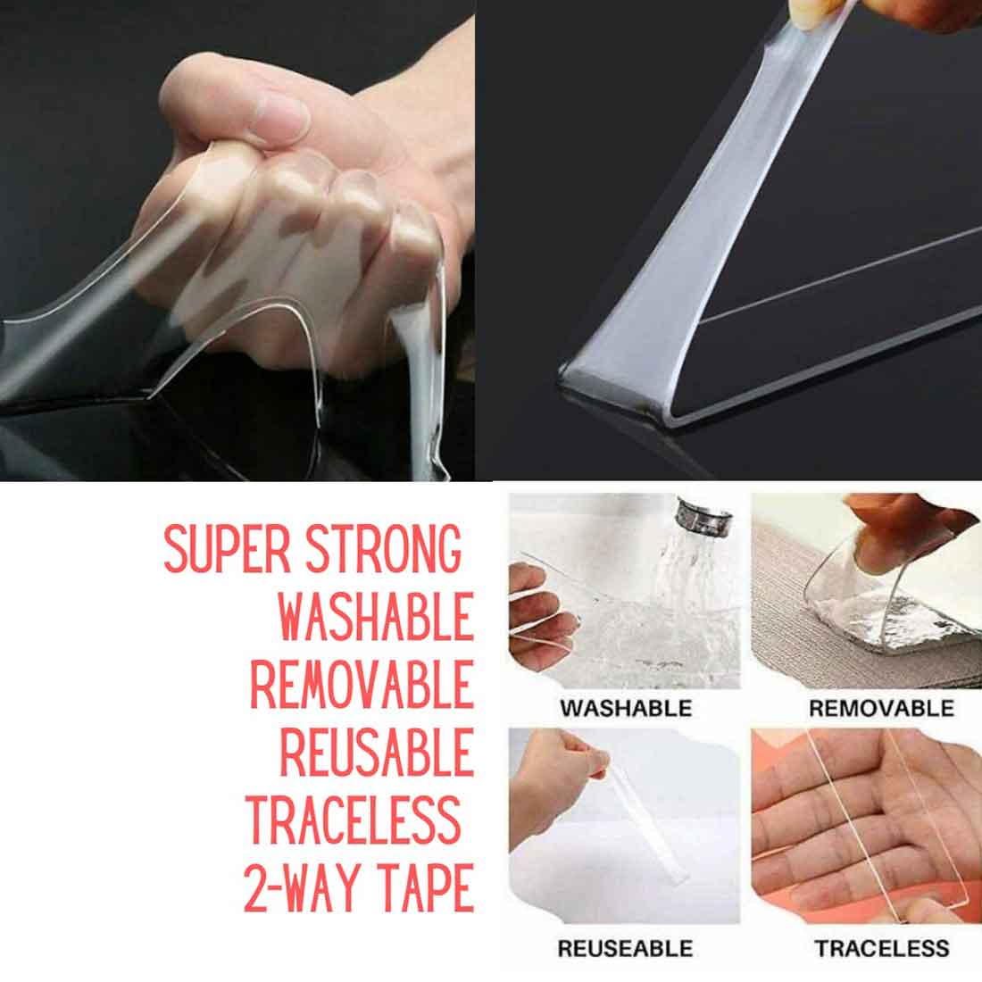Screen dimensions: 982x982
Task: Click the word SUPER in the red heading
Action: (x=227, y=549)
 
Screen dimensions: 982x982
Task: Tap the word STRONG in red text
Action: (x=384, y=549)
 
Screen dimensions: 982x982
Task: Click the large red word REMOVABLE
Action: (x=362, y=685)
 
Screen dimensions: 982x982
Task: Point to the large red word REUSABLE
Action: (x=377, y=753)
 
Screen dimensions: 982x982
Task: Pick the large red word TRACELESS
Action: (x=354, y=820)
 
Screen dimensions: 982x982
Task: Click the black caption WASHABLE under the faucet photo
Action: (x=626, y=708)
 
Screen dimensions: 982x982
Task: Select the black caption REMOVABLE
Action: (x=881, y=708)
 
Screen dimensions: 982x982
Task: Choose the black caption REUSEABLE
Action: (x=625, y=948)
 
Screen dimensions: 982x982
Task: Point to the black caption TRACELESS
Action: (x=882, y=948)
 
